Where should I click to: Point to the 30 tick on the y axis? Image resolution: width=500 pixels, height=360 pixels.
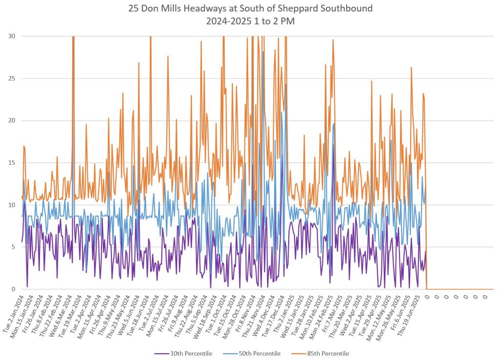12,36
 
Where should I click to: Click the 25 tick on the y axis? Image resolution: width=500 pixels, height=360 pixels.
12,79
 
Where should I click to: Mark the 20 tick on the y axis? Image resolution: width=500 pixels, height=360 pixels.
12,120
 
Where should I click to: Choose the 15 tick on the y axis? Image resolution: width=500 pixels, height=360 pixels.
12,163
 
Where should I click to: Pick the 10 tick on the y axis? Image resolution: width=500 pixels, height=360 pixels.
12,205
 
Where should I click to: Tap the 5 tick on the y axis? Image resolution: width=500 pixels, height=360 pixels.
13,247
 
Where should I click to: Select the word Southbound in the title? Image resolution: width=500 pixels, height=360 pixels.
345,8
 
